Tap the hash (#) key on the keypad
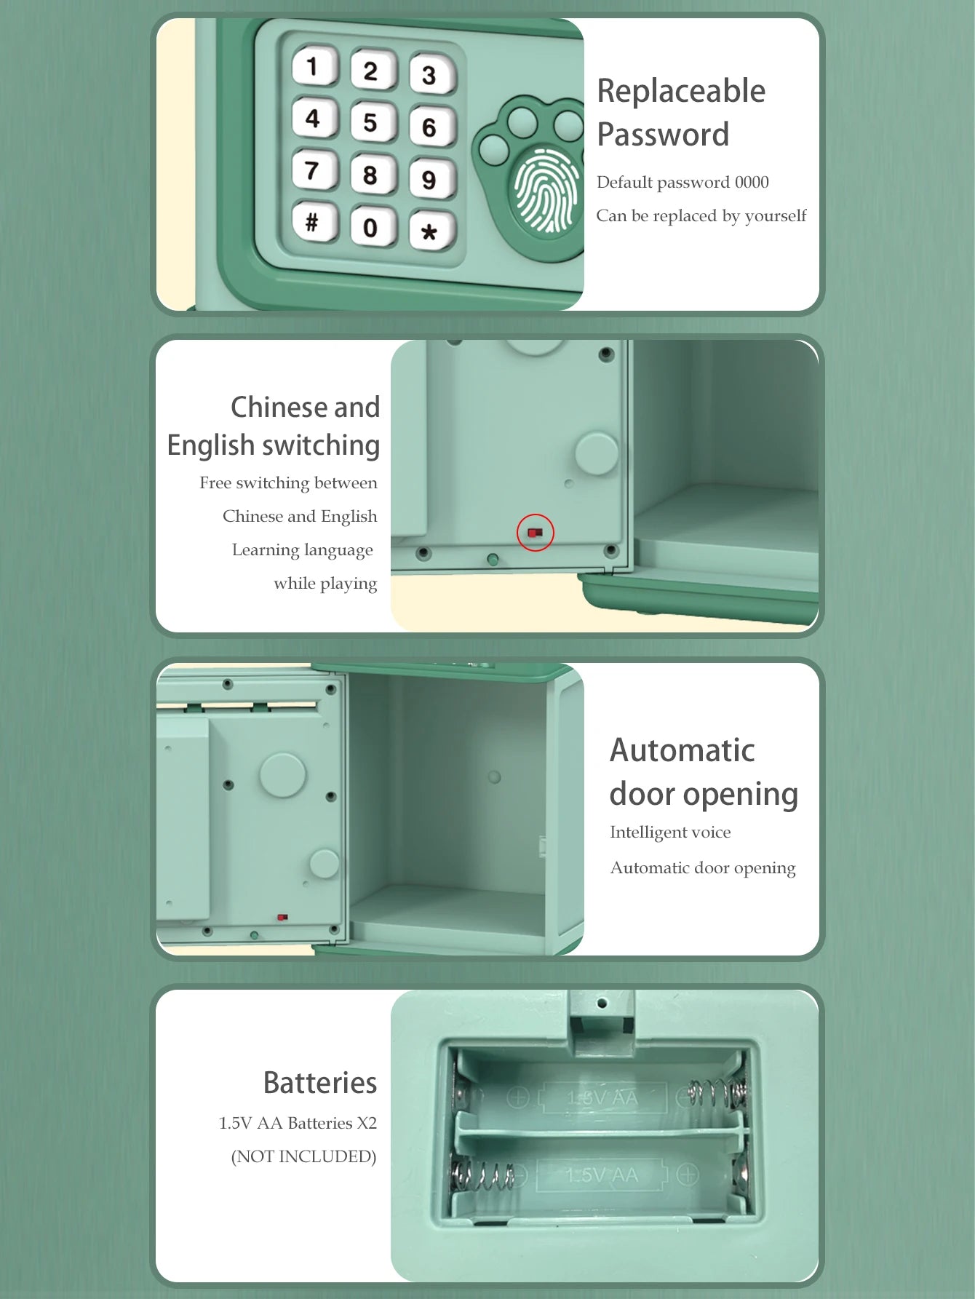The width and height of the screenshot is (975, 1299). (x=314, y=222)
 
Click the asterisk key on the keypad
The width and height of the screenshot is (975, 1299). (x=431, y=231)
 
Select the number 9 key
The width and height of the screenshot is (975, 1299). (x=431, y=179)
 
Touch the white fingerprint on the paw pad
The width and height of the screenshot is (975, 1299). (x=547, y=190)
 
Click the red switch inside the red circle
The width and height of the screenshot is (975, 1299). (x=536, y=533)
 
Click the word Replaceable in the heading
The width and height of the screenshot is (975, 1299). (x=681, y=92)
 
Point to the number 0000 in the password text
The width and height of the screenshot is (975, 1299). (x=752, y=182)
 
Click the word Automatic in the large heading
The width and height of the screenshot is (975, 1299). (x=682, y=750)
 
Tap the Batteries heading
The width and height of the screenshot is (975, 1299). (x=320, y=1083)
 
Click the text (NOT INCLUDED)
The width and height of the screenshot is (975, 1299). (x=303, y=1156)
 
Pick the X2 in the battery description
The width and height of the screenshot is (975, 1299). (x=367, y=1123)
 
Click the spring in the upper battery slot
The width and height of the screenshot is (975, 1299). (x=717, y=1093)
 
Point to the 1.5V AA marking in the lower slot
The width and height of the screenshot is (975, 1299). (x=602, y=1175)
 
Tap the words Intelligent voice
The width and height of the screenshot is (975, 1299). (x=670, y=833)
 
